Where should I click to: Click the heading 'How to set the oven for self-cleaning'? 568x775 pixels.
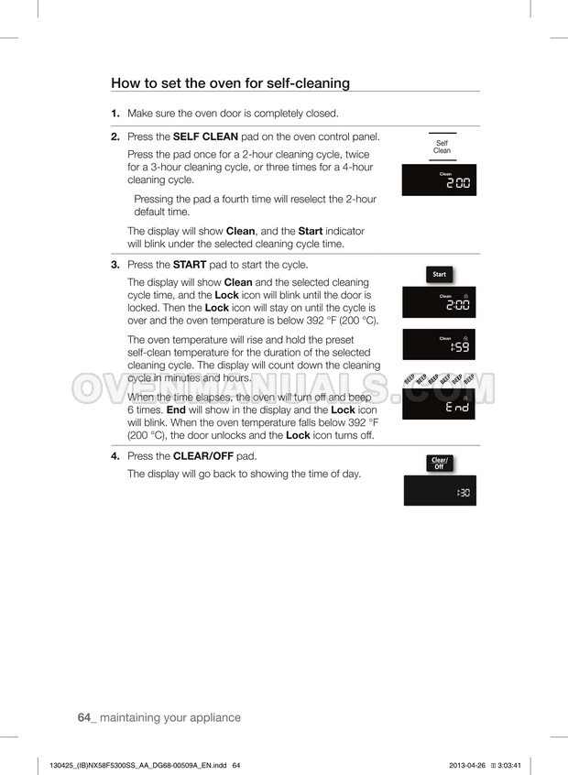[230, 83]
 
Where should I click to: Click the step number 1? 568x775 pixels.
[115, 114]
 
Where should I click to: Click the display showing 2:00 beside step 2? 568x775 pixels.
[440, 181]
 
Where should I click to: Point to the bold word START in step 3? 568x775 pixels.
[190, 265]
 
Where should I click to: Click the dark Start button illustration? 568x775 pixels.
[440, 274]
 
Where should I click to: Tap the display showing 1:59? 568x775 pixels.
[440, 344]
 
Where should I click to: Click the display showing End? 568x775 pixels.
[440, 403]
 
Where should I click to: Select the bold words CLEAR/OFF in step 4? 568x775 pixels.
[203, 456]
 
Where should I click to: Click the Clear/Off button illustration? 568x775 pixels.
[439, 464]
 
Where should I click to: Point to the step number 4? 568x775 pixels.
[115, 456]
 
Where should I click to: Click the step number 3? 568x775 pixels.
[115, 265]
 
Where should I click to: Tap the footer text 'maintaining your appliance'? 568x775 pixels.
[170, 717]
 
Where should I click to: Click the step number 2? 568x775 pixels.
[115, 137]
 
